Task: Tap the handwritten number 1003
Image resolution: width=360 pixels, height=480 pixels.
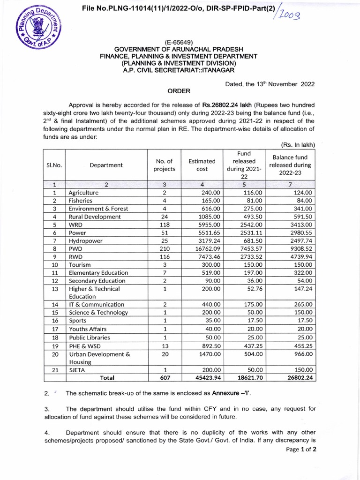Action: click(x=294, y=15)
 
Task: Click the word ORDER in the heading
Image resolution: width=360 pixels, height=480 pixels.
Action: click(x=179, y=91)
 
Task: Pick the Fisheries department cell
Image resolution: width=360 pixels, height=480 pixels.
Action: click(x=81, y=200)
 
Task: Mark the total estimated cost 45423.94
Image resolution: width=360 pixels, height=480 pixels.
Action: click(x=207, y=377)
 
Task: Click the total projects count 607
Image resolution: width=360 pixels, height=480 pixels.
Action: click(x=164, y=377)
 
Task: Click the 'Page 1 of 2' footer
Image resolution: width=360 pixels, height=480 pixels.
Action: click(x=301, y=449)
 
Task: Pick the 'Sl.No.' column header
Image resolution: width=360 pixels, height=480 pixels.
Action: click(x=54, y=165)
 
